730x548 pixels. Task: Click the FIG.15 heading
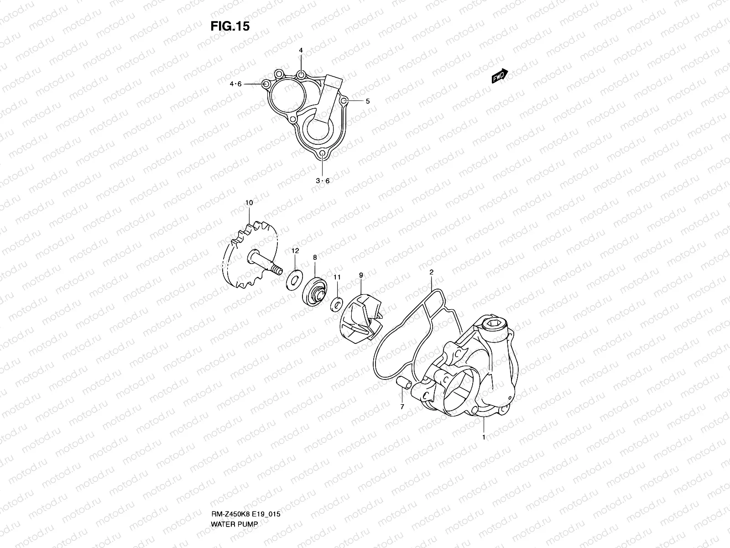click(x=229, y=27)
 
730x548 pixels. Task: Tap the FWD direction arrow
click(x=500, y=76)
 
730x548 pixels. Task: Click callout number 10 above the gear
click(x=249, y=202)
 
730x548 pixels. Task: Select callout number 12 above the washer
click(x=295, y=251)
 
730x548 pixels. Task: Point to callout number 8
click(x=315, y=258)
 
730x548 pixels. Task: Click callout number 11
click(x=337, y=277)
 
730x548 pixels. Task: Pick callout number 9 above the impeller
click(x=361, y=275)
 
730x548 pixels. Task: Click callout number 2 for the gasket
click(x=431, y=272)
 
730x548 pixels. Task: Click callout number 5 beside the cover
click(x=367, y=101)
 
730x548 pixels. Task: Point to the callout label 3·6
click(x=323, y=181)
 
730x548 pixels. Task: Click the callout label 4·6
click(x=235, y=84)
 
